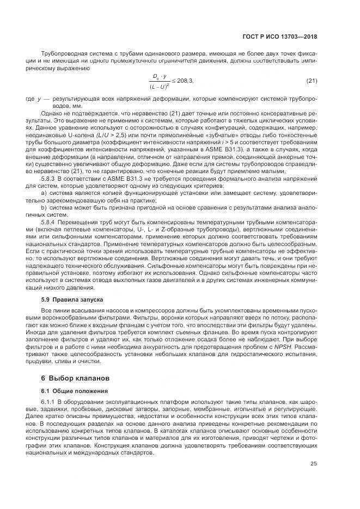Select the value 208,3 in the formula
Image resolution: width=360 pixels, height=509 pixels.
pos(184,81)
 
